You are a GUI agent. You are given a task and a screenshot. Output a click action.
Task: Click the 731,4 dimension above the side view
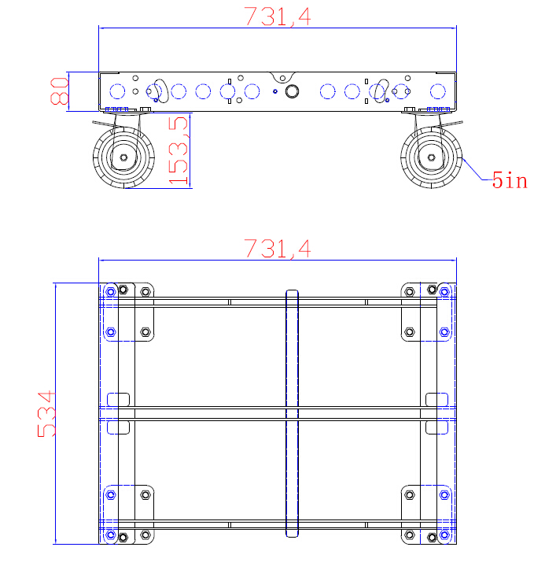pyautogui.click(x=277, y=17)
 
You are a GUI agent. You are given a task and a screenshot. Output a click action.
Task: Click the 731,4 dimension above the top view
pyautogui.click(x=277, y=249)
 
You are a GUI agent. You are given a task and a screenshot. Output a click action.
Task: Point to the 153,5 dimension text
pyautogui.click(x=180, y=150)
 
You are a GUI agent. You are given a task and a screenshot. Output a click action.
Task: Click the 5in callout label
pyautogui.click(x=509, y=181)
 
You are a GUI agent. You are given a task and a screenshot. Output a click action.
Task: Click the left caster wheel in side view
pyautogui.click(x=123, y=158)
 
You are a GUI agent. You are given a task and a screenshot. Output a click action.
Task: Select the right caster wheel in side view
pyautogui.click(x=431, y=158)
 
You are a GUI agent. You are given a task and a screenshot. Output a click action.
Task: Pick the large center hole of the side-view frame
pyautogui.click(x=292, y=91)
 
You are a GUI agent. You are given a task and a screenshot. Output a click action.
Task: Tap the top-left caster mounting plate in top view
pyautogui.click(x=129, y=311)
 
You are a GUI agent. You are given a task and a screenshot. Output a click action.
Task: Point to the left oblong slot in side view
pyautogui.click(x=160, y=90)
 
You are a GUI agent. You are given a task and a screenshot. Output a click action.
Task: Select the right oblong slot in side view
pyautogui.click(x=381, y=90)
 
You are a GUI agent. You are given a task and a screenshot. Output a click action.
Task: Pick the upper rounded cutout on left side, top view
pyautogui.click(x=118, y=399)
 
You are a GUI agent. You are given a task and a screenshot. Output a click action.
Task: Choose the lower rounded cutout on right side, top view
pyautogui.click(x=435, y=427)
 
